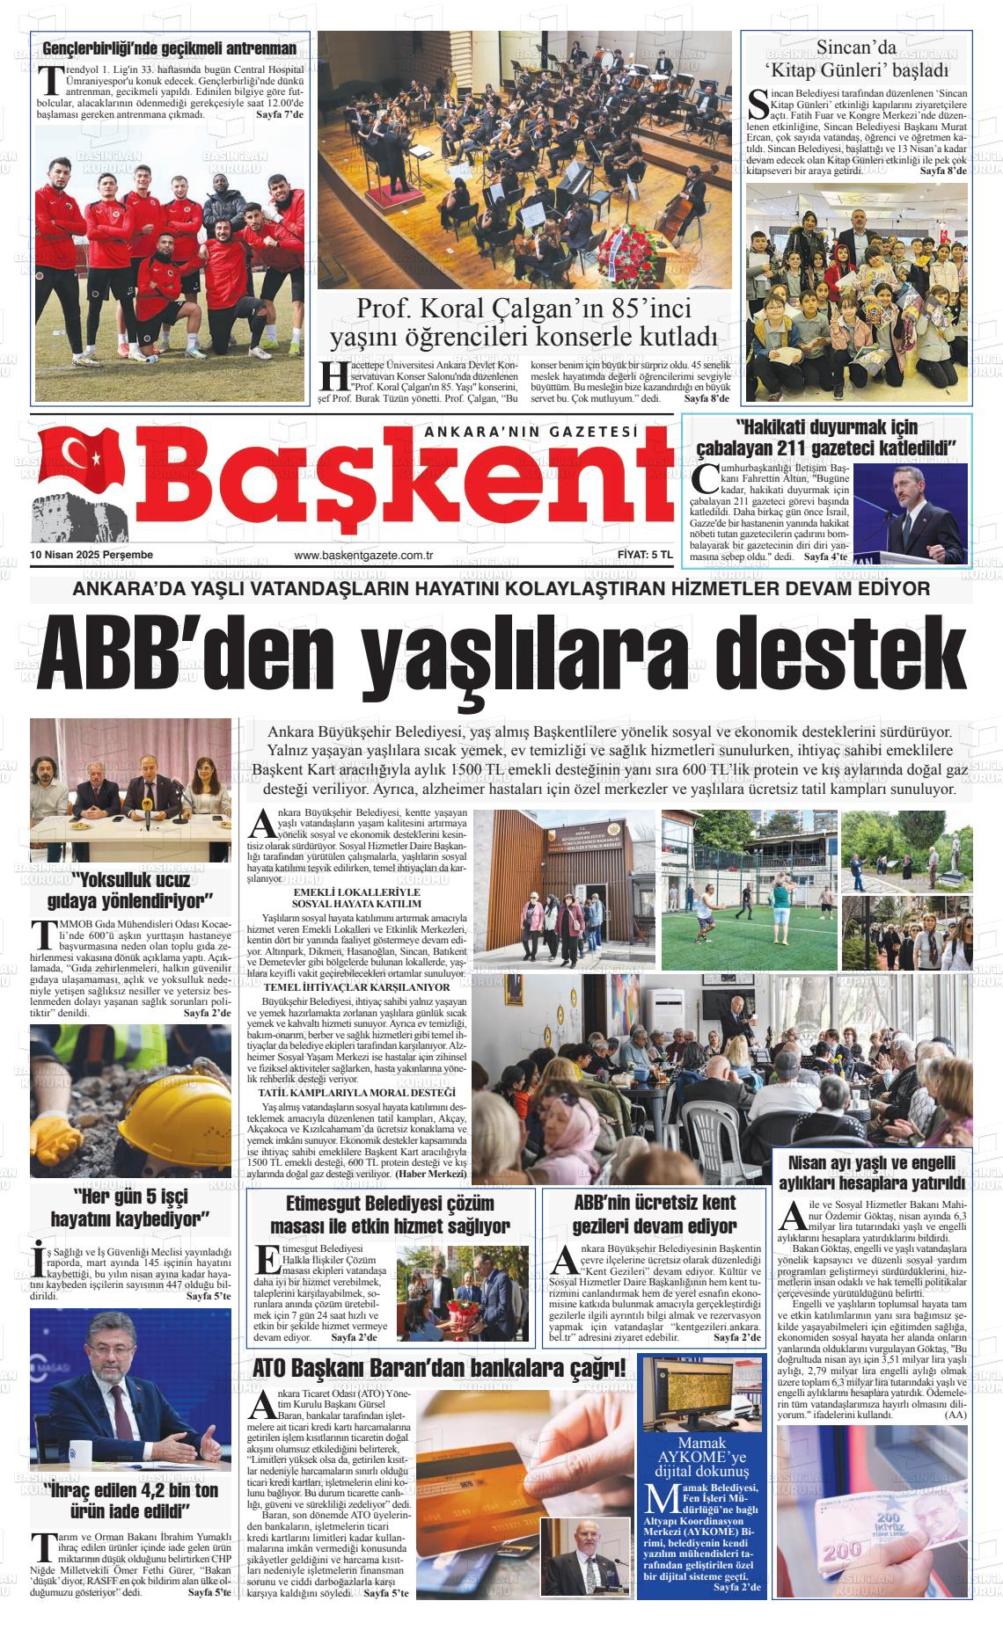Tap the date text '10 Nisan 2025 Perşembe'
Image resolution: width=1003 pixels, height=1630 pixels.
coord(92,555)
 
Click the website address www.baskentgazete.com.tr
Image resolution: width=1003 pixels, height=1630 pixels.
coord(364,556)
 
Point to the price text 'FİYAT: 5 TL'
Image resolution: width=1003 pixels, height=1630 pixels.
coord(645,555)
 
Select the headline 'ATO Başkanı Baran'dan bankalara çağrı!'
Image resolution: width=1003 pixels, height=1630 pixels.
coord(439,1369)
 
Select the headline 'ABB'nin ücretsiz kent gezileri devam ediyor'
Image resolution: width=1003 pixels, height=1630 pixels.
coord(655,1214)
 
